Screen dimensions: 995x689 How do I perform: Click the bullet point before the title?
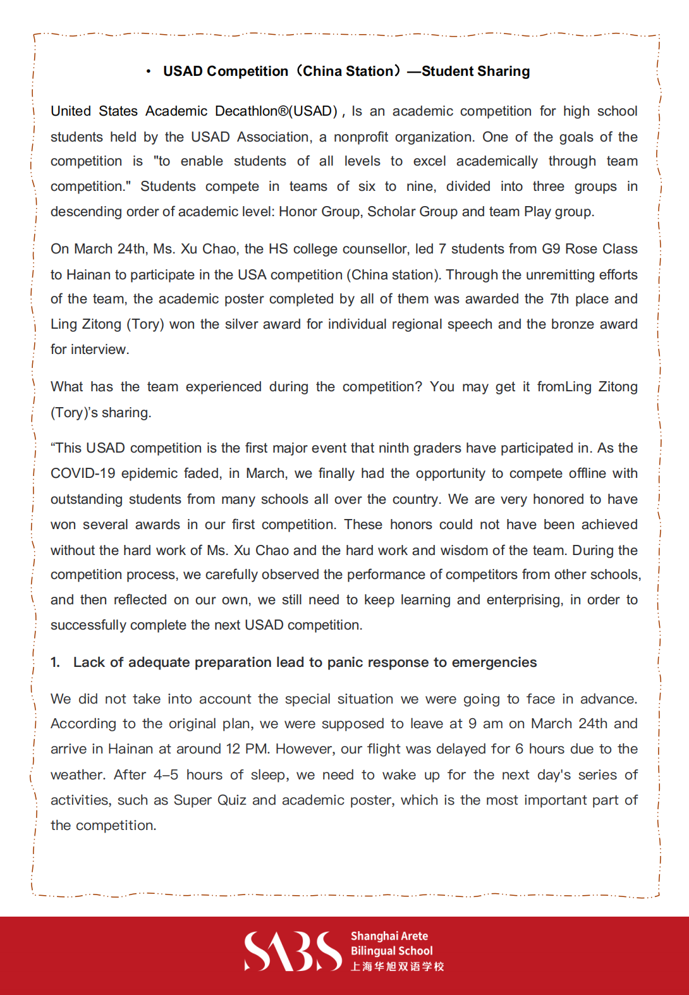pos(148,71)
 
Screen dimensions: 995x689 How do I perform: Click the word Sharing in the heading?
pos(504,71)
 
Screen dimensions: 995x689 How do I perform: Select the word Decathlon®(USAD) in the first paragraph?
pos(276,111)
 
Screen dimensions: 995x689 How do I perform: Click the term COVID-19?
pos(82,473)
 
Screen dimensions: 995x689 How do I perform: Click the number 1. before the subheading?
pos(56,662)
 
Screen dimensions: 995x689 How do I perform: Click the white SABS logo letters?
pos(293,951)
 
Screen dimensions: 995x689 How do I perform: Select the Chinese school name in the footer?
pos(398,967)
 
